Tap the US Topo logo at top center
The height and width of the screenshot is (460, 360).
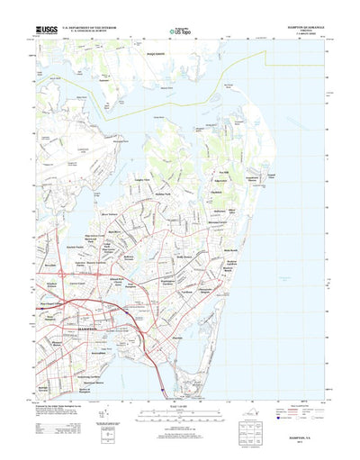coord(180,32)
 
